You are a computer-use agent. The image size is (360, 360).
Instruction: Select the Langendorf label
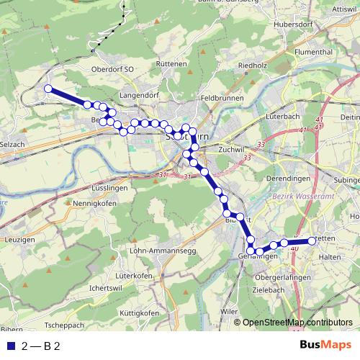(140, 94)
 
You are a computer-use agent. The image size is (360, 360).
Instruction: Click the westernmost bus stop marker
(49, 89)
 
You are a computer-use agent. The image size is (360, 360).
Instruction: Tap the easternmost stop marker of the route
(313, 241)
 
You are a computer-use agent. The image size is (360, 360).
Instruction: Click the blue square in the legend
(9, 346)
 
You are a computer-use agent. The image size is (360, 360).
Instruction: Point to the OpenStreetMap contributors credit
(297, 323)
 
